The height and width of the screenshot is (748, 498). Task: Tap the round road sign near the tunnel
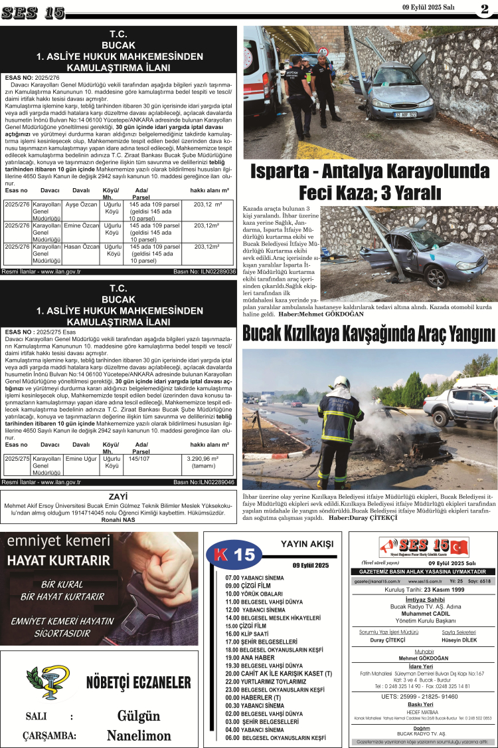tap(324, 51)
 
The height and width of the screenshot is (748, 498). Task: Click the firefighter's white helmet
tap(341, 382)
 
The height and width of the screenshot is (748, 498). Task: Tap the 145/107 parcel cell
tap(139, 458)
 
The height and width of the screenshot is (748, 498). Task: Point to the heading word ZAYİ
tap(118, 496)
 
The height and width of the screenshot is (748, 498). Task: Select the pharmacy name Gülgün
tap(139, 716)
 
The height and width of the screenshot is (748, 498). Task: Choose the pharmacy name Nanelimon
tap(139, 735)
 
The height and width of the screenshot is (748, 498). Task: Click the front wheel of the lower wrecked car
tap(434, 275)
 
